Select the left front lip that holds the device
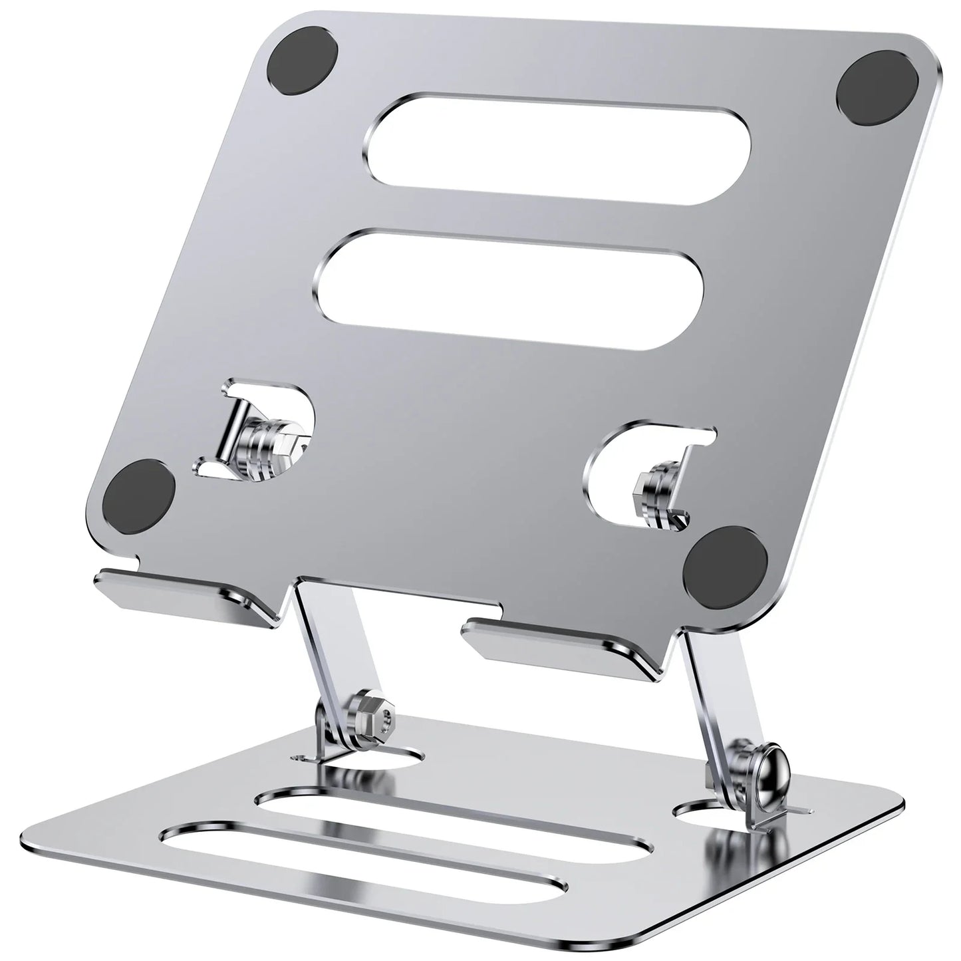click(190, 591)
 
